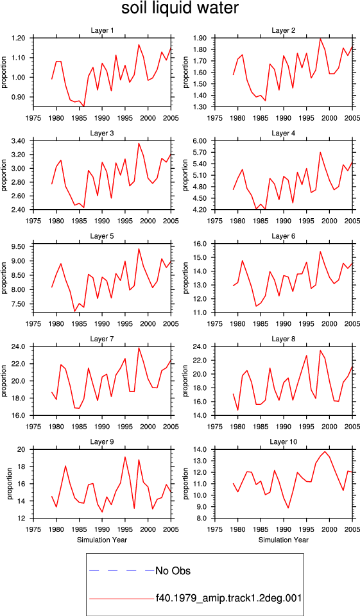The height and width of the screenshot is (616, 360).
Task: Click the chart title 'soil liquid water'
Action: click(180, 8)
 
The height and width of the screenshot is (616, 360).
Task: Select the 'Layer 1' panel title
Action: click(102, 30)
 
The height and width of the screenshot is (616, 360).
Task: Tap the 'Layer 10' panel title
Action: click(284, 442)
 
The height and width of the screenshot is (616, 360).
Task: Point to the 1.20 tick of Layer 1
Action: click(18, 38)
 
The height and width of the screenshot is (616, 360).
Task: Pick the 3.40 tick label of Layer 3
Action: click(18, 141)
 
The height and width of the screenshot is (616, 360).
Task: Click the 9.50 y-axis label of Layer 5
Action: click(18, 246)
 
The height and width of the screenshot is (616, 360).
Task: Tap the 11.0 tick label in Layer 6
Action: click(200, 312)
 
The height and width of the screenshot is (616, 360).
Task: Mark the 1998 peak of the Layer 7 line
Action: click(139, 348)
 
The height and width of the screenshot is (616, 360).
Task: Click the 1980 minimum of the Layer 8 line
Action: click(238, 410)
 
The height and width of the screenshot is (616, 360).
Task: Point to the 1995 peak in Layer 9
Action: click(125, 457)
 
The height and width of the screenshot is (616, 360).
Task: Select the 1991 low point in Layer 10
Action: click(288, 508)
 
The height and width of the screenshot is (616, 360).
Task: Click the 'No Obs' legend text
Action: click(173, 570)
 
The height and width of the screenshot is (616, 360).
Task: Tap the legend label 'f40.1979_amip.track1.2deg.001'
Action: click(228, 598)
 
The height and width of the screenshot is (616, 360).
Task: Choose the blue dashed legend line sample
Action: click(122, 570)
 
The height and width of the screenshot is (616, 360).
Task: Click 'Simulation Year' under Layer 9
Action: click(102, 540)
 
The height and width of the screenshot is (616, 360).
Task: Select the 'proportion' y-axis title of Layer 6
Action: click(186, 278)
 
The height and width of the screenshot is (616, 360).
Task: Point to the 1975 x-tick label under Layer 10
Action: click(215, 529)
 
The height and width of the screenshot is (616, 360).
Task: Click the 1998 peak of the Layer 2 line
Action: click(320, 38)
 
